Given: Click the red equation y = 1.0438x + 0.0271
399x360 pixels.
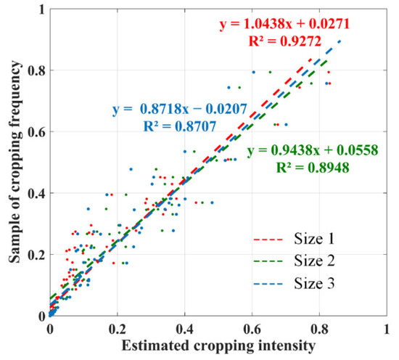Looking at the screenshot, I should (x=285, y=25).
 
